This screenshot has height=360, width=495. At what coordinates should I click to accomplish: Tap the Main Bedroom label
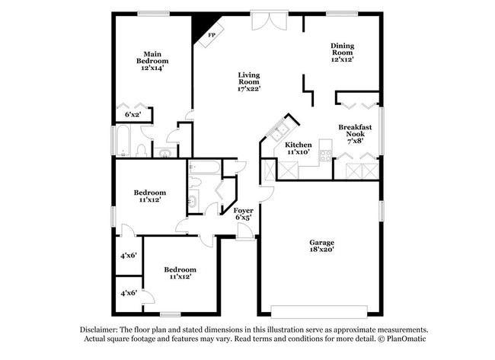[152, 56]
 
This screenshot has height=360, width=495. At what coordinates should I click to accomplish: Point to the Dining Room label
[342, 50]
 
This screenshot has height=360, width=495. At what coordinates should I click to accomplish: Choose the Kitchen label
[298, 145]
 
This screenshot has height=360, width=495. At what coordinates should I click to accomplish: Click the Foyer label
[243, 210]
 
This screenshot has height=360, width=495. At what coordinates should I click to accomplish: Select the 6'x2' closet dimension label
[133, 115]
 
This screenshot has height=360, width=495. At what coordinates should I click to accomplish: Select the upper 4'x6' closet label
[128, 256]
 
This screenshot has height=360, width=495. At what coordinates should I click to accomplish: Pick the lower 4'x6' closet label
[128, 292]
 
